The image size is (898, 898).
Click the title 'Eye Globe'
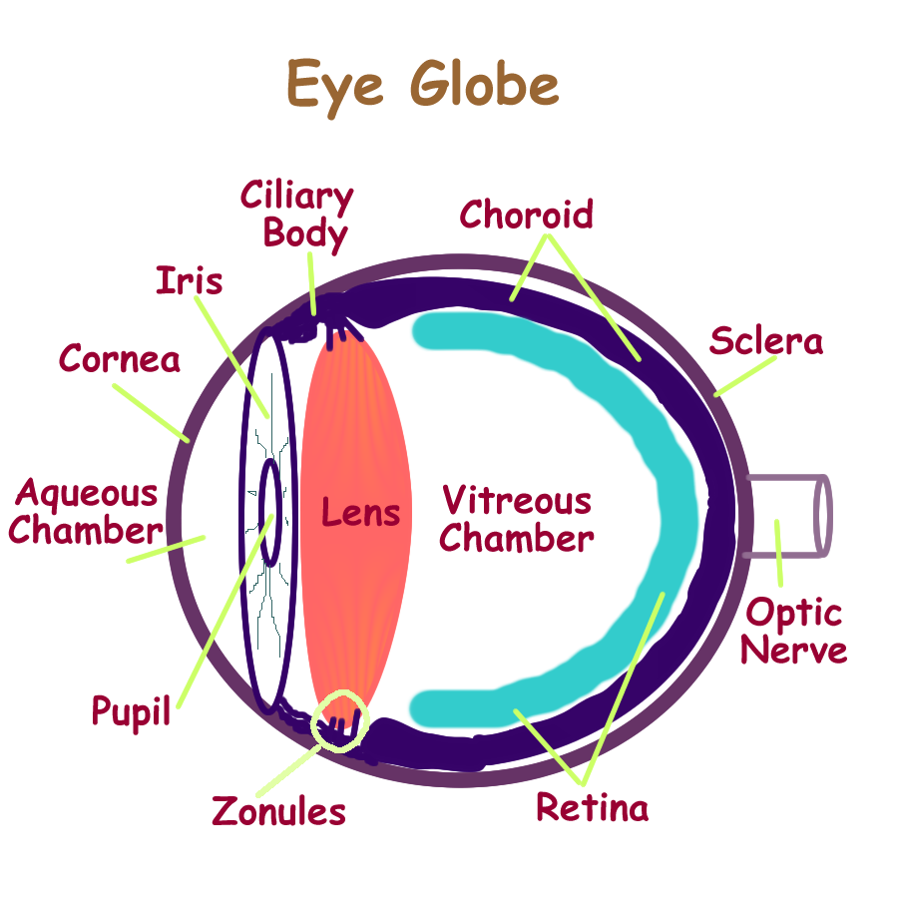point(423,83)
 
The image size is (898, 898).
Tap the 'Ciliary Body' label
point(296,215)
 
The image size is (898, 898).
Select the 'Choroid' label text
point(526,214)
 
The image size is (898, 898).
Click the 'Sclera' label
point(766,341)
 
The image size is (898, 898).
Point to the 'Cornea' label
point(120,358)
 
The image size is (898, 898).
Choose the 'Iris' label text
point(190,280)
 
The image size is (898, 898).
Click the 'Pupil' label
point(131,712)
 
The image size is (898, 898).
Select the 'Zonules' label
point(278,811)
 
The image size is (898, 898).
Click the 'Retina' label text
point(592,806)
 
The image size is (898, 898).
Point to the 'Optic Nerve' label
point(794,631)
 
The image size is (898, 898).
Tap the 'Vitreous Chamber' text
point(517,519)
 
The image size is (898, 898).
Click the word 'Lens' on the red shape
point(360,513)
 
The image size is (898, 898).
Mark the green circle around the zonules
point(340,718)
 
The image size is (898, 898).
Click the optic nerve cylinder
point(788,515)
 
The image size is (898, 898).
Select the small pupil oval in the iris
point(269,496)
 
